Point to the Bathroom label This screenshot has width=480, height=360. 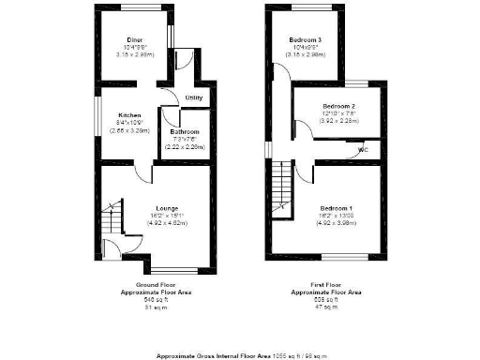[184, 132]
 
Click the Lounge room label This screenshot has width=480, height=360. [155, 208]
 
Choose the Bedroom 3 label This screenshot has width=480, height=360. [306, 39]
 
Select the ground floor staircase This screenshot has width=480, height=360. [112, 220]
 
